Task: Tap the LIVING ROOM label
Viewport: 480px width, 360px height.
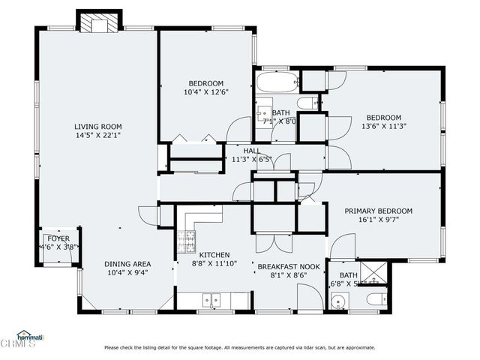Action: pos(97,127)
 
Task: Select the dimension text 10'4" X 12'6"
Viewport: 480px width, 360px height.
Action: pos(205,92)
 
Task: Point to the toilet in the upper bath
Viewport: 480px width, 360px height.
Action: pos(307,103)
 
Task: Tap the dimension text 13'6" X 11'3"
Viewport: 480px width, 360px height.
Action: pos(383,127)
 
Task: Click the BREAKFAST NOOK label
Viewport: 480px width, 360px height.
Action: pos(289,266)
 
